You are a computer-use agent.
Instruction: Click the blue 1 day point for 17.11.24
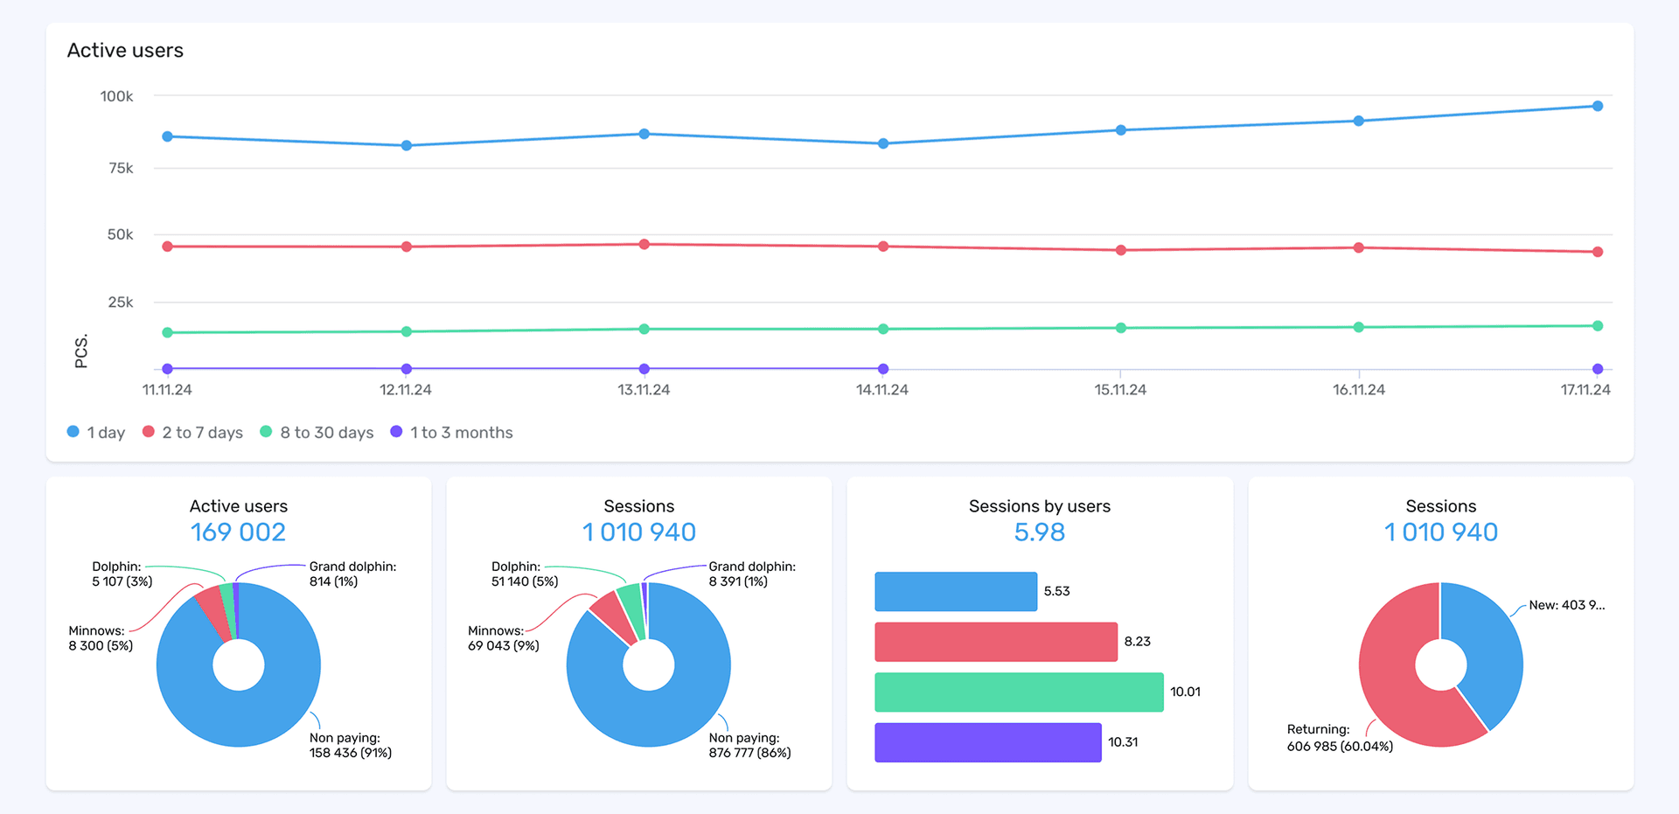click(1597, 106)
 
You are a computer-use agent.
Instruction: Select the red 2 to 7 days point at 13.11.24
click(644, 244)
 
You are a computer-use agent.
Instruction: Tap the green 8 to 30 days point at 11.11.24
click(167, 332)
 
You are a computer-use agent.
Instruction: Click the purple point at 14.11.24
click(882, 369)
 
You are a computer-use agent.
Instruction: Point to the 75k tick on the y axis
click(121, 168)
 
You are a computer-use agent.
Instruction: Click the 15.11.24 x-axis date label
click(1119, 390)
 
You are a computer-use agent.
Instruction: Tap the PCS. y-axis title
click(81, 351)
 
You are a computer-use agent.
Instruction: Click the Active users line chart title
click(125, 51)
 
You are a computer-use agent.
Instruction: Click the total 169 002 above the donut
click(238, 532)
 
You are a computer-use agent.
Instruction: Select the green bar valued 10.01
click(1018, 692)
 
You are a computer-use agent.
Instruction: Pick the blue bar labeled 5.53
click(955, 591)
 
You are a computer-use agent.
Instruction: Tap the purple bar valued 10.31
click(987, 742)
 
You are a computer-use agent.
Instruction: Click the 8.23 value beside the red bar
click(1137, 642)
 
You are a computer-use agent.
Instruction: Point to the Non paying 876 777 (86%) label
click(749, 745)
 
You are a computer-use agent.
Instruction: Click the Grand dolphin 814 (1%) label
click(352, 574)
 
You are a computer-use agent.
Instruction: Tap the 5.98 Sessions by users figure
click(1039, 532)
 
